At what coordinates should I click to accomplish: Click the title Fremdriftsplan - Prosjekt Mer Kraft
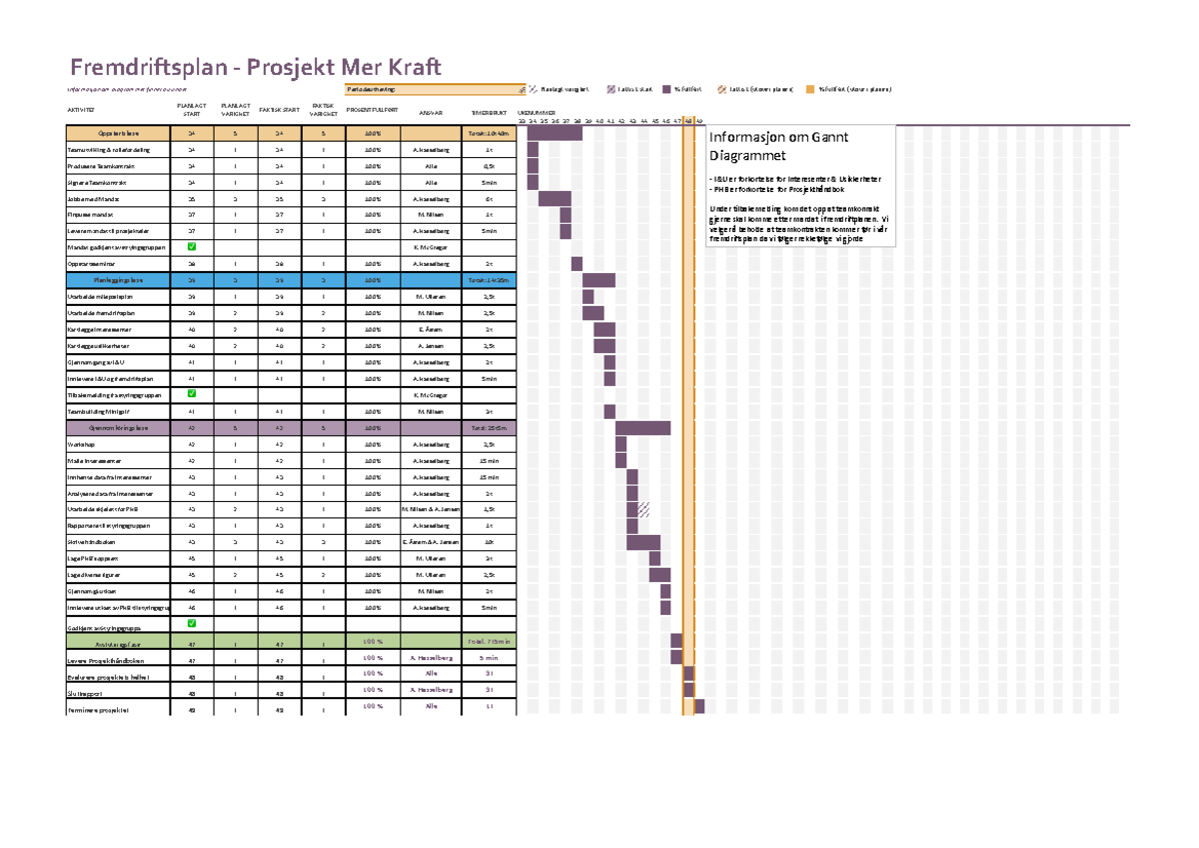(254, 67)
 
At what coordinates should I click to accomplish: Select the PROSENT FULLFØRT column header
(372, 111)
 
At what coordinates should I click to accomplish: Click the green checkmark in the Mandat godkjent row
(192, 246)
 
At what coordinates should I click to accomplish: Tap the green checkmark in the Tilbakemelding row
(192, 394)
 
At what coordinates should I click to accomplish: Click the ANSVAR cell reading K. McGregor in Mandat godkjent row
(431, 247)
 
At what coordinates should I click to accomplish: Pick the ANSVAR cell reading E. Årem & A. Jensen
(431, 541)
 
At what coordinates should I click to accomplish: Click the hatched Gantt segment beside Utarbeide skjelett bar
(644, 509)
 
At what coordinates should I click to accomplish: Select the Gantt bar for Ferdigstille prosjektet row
(699, 707)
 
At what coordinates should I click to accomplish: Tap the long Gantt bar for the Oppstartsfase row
(555, 132)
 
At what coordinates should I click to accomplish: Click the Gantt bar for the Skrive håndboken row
(642, 542)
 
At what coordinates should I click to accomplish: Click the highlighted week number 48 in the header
(688, 120)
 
